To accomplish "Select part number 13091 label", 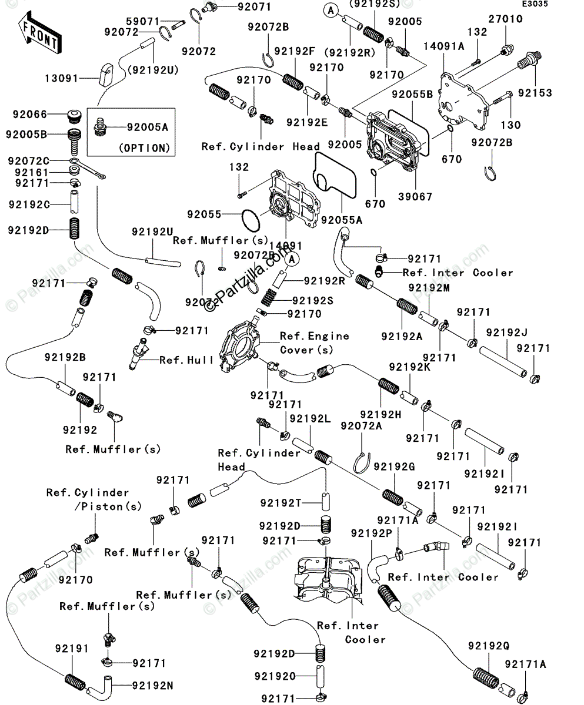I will (61, 77).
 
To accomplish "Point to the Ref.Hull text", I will (187, 360).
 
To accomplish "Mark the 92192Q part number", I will (489, 645).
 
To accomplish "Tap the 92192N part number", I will (152, 685).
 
